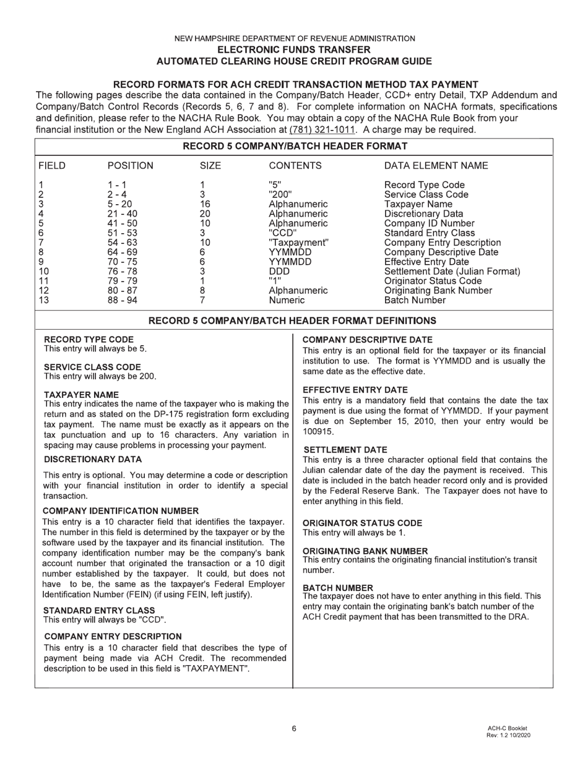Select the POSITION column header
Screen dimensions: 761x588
pyautogui.click(x=130, y=166)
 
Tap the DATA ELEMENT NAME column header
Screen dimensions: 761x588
pyautogui.click(x=436, y=166)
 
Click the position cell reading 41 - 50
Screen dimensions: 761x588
pyautogui.click(x=122, y=223)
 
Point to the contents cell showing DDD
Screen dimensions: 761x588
pyautogui.click(x=279, y=271)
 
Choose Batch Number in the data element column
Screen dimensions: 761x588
pyautogui.click(x=415, y=300)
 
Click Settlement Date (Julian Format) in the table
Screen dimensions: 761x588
pyautogui.click(x=452, y=271)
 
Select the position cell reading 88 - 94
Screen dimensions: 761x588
pyautogui.click(x=122, y=300)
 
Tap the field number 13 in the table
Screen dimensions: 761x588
pyautogui.click(x=43, y=300)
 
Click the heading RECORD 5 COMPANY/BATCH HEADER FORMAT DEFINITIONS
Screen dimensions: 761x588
pyautogui.click(x=293, y=320)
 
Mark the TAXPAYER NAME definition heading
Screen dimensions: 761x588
pyautogui.click(x=82, y=394)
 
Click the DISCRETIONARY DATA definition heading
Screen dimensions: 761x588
pyautogui.click(x=92, y=459)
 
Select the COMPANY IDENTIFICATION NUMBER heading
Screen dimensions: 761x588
pyautogui.click(x=121, y=510)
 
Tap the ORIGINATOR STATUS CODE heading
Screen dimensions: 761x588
pyautogui.click(x=362, y=523)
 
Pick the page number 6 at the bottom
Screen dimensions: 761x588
pyautogui.click(x=294, y=728)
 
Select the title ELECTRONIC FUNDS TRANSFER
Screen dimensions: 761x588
pyautogui.click(x=294, y=49)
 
